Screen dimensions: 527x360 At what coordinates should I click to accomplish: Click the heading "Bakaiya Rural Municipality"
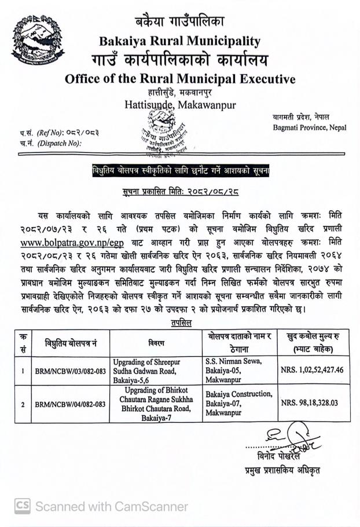click(180, 41)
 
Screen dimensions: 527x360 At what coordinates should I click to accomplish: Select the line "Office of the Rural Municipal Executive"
click(180, 79)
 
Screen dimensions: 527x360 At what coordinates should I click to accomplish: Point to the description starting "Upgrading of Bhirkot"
click(156, 404)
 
